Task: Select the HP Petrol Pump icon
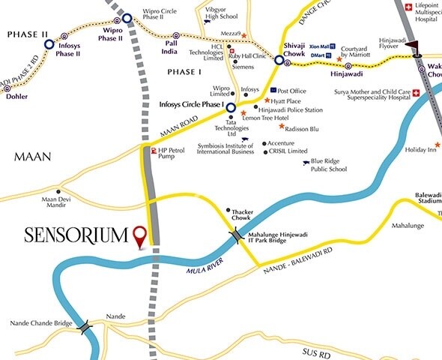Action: (154, 151)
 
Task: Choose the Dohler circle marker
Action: (10, 87)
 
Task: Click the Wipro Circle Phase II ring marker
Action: (127, 18)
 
